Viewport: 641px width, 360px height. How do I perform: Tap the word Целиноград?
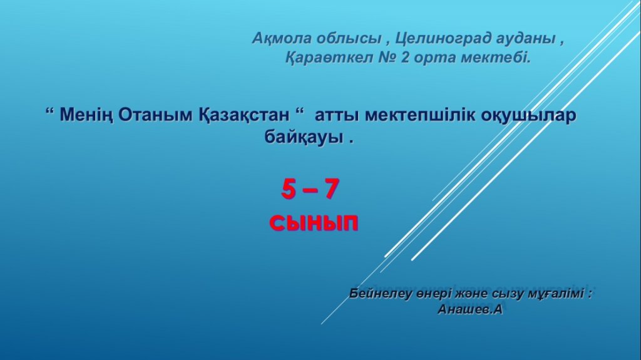443,38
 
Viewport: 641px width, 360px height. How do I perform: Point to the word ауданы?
526,38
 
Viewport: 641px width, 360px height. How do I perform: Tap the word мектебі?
495,58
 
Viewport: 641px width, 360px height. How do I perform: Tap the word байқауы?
304,136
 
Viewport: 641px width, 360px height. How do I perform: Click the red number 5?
288,190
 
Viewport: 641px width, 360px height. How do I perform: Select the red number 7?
332,190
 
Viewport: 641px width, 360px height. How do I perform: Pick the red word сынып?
314,224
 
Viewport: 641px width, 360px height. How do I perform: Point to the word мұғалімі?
559,294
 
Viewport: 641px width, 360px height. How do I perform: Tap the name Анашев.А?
469,309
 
